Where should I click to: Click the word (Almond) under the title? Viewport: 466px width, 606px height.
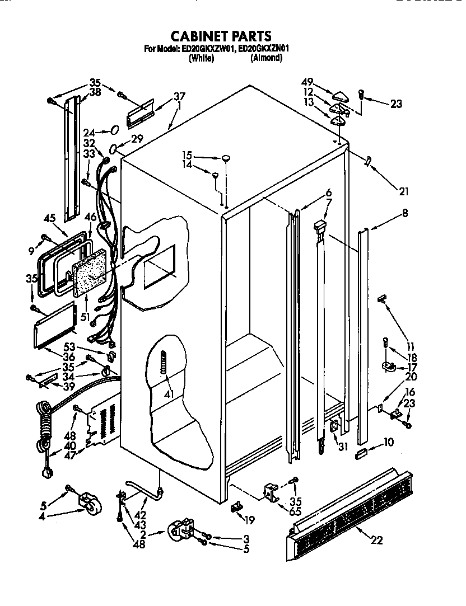pyautogui.click(x=266, y=58)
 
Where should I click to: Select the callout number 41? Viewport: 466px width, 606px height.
pyautogui.click(x=169, y=394)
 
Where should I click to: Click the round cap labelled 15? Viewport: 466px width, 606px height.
pyautogui.click(x=226, y=159)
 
